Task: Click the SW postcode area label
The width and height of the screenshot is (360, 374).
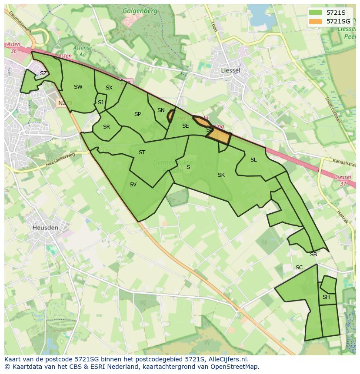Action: [x=78, y=87]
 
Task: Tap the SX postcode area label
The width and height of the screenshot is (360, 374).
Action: [x=109, y=88]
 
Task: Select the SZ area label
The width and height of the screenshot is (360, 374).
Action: [x=43, y=73]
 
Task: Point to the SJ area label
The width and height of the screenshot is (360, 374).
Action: [x=100, y=103]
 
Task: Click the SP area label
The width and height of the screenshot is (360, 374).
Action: [x=137, y=114]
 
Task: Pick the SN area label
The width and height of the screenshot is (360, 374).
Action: [x=161, y=110]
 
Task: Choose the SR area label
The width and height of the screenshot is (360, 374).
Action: [x=107, y=127]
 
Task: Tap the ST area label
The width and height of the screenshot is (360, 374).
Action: [x=142, y=152]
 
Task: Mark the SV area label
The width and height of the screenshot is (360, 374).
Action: [x=133, y=185]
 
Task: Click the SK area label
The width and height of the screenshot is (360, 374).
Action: [x=221, y=175]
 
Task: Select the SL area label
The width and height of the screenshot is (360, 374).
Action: [x=253, y=160]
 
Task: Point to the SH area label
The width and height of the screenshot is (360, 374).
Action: [x=326, y=297]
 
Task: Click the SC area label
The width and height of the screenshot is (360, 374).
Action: [x=299, y=268]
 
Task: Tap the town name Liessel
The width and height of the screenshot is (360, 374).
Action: [x=230, y=70]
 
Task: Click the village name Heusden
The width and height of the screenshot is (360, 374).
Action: [x=45, y=227]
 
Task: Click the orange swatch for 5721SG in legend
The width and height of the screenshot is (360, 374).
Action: [x=315, y=21]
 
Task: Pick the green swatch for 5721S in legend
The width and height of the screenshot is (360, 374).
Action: [x=315, y=13]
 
